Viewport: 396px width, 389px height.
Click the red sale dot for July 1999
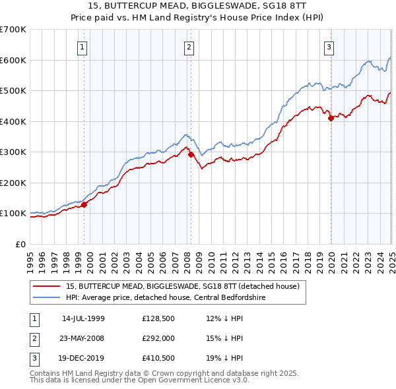[x=84, y=204]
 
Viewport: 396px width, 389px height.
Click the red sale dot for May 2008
[x=191, y=155]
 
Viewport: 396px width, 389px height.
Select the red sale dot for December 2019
[x=331, y=119]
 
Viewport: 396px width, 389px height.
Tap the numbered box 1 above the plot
[x=82, y=47]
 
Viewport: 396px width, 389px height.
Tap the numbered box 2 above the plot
[x=189, y=47]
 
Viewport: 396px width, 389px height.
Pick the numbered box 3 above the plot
[x=329, y=47]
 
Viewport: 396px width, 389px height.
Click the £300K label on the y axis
[x=13, y=152]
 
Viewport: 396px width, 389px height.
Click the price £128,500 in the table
[x=156, y=318]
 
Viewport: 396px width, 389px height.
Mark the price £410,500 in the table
[x=156, y=359]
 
